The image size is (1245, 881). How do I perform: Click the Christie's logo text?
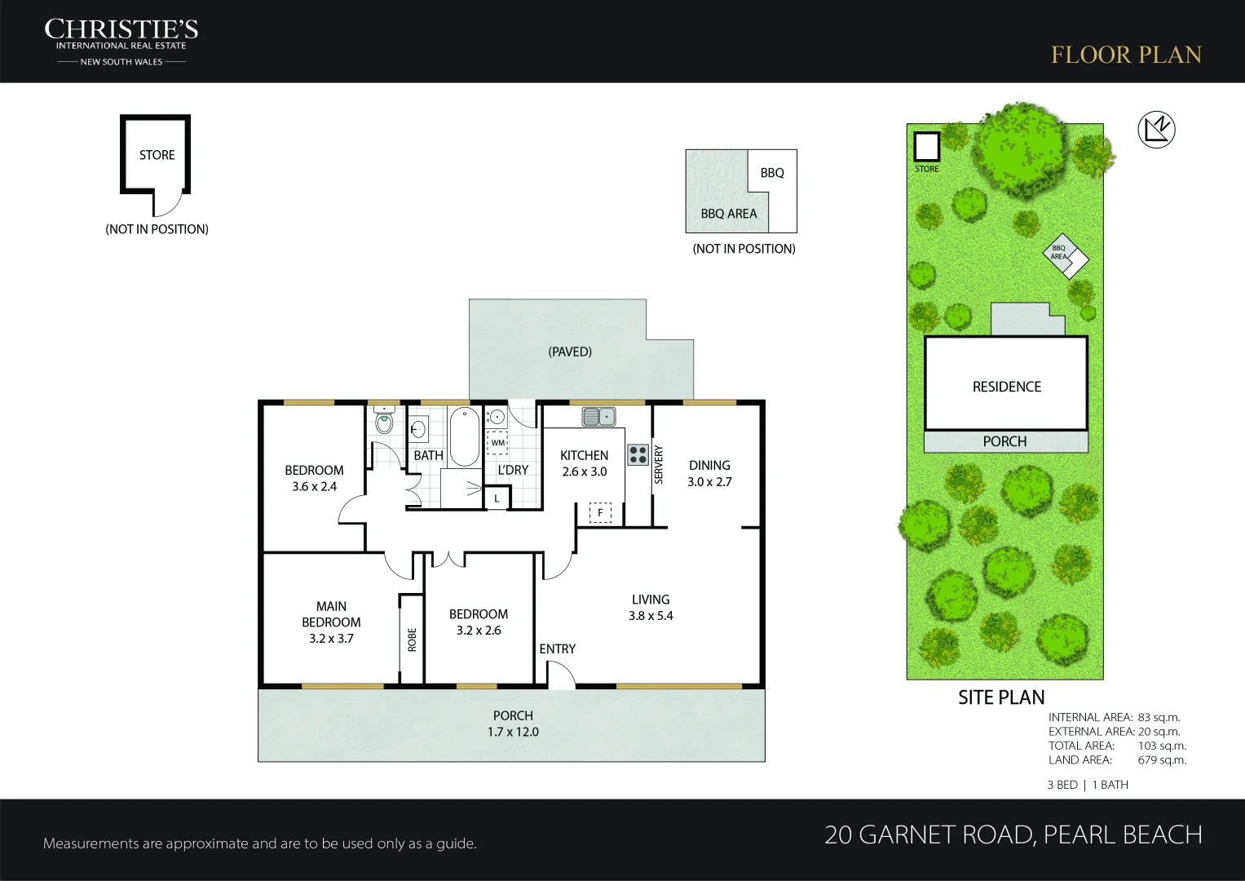pos(121,42)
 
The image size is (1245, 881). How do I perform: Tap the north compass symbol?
pos(1156,130)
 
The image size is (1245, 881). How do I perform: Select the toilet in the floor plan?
pos(384,420)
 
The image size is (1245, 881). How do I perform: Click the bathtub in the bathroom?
pos(464,436)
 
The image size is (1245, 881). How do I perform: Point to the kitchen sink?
pos(598,416)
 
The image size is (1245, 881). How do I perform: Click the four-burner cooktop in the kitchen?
pos(638,454)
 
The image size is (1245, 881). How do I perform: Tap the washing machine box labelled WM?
pos(497,443)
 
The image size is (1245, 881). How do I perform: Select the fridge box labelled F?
pos(600,512)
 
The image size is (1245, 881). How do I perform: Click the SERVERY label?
pos(659,464)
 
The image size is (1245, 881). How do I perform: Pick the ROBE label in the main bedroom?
pos(412,640)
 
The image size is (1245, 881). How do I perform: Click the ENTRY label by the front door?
pos(557,649)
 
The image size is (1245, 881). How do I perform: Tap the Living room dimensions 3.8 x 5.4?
pos(651,616)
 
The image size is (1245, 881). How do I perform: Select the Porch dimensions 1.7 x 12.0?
pos(513,732)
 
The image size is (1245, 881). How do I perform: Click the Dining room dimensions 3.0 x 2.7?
pos(710,481)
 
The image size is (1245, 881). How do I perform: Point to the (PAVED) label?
pos(570,352)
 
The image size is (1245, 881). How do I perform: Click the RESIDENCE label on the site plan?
pos(1007,387)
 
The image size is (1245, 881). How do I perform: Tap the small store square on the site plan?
pos(926,146)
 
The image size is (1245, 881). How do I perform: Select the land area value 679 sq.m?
pos(1162,759)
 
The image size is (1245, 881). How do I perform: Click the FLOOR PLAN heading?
pos(1126,55)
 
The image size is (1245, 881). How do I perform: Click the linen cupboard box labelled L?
pos(497,498)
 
